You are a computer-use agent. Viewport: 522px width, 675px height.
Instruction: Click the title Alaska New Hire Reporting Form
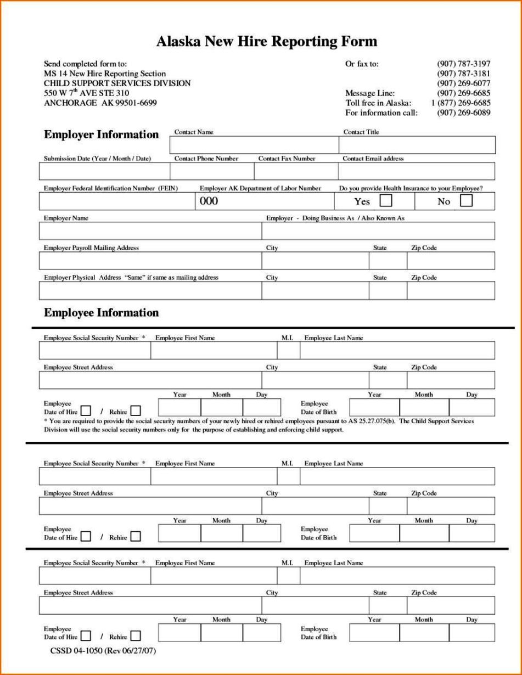[267, 41]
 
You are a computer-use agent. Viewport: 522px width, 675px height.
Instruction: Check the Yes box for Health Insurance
[386, 201]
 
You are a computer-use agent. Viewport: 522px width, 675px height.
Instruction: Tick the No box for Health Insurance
[465, 201]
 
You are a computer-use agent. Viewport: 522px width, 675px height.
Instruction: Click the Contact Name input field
[254, 145]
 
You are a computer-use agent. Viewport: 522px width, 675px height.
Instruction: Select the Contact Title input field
[417, 145]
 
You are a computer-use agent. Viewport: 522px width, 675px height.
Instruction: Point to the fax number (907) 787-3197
[463, 64]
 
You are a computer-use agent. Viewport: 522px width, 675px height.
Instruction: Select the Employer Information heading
[101, 135]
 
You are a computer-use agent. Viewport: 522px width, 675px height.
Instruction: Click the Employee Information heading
[101, 313]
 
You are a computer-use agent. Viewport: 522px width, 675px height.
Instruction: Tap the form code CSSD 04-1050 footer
[104, 651]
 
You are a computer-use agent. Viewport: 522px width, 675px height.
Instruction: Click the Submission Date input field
[104, 172]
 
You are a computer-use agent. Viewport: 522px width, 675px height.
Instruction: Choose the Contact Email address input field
[417, 172]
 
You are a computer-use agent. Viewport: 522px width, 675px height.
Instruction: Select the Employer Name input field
[150, 231]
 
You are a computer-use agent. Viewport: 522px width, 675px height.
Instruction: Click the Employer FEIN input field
[117, 202]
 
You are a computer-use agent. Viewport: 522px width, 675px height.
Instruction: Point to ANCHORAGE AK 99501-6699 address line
[100, 103]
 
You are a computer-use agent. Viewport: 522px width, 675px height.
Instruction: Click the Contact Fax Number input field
[296, 172]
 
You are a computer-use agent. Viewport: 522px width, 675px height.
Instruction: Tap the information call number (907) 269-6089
[463, 113]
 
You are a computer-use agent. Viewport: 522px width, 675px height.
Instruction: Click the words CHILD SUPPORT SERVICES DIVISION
[117, 83]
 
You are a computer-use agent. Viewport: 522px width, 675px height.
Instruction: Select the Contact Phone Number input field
[212, 172]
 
